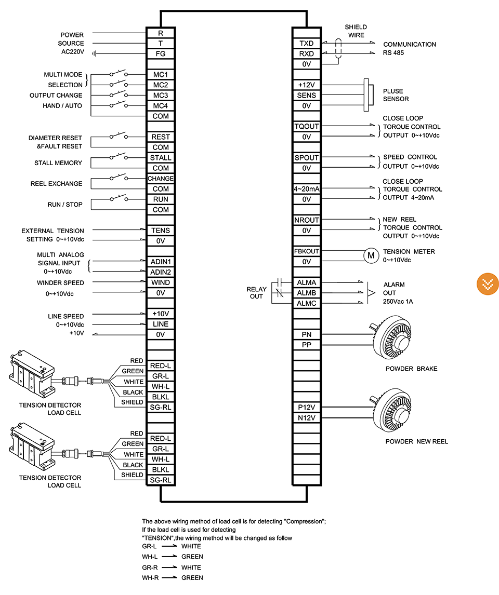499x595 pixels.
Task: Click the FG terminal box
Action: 161,54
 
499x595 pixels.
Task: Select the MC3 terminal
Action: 161,95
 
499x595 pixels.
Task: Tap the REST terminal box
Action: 161,137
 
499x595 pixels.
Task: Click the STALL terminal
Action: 161,158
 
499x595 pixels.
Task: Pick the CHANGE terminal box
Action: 161,179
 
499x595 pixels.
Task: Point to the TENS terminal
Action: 161,231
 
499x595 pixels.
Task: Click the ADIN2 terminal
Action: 161,272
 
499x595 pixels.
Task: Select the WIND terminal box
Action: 161,282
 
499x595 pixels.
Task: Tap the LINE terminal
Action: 161,324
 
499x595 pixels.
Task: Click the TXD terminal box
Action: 307,43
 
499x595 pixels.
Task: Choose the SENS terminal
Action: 307,95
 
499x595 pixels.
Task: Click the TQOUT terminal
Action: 307,126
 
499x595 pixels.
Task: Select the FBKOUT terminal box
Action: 307,251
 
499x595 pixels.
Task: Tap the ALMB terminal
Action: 307,293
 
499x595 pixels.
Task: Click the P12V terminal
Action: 307,407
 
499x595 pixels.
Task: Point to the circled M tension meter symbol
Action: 371,255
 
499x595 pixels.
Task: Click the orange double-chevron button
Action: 488,284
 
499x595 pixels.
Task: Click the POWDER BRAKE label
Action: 411,369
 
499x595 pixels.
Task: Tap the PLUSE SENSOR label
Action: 396,95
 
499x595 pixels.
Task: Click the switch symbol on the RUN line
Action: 119,198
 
